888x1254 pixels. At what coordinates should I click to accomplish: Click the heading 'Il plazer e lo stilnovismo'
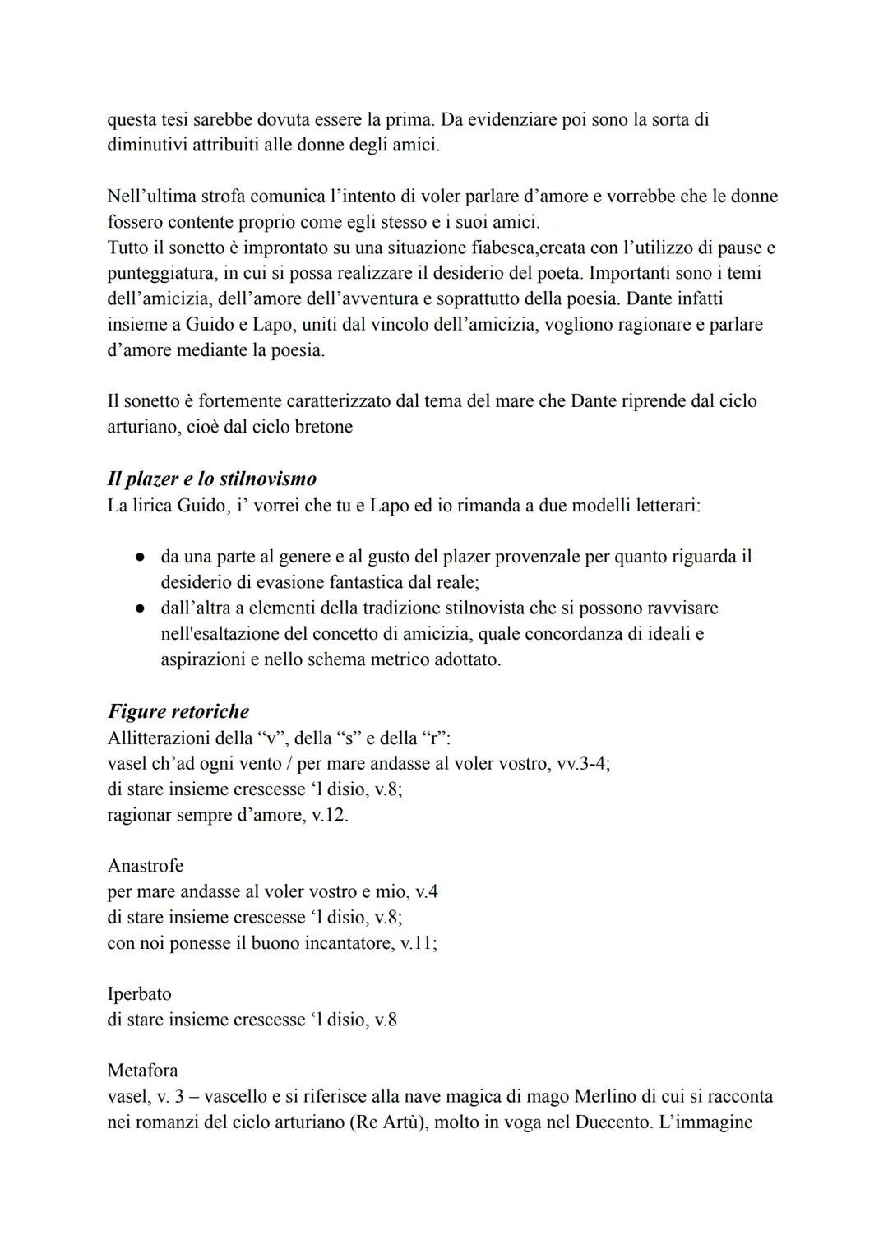tap(211, 479)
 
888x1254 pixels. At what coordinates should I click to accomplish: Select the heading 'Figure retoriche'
tap(178, 711)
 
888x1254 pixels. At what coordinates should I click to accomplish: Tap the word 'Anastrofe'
tap(146, 866)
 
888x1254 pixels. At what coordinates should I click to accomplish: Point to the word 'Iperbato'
tap(139, 993)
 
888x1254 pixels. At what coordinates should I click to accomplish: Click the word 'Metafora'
tap(142, 1071)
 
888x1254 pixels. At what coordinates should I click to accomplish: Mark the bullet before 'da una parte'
tap(141, 558)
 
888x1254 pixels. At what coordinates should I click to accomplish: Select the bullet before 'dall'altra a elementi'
tap(141, 608)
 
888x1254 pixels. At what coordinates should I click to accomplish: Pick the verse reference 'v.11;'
tap(419, 943)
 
